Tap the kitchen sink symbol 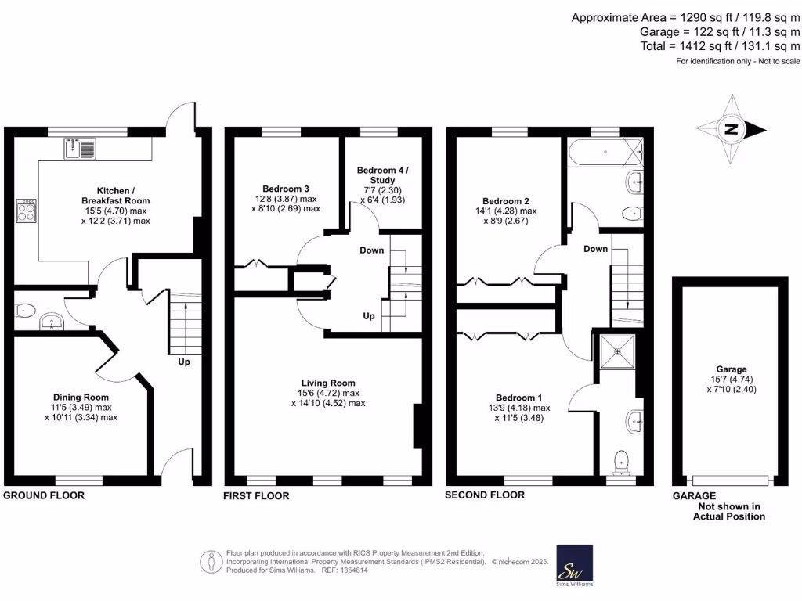pos(81,147)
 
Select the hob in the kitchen pos(26,209)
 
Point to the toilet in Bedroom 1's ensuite pos(623,462)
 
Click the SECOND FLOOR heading pos(485,495)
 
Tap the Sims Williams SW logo pos(574,563)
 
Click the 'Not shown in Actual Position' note pos(729,511)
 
